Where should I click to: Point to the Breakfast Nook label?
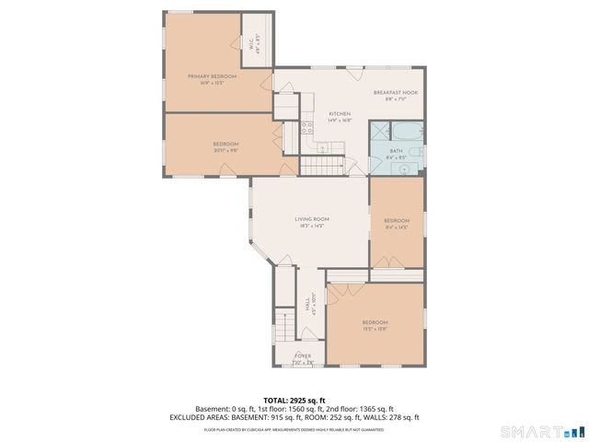point(395,93)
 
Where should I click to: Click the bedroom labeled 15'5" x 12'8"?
point(375,322)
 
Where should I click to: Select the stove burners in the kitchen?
point(306,129)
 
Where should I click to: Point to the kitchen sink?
point(323,147)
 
